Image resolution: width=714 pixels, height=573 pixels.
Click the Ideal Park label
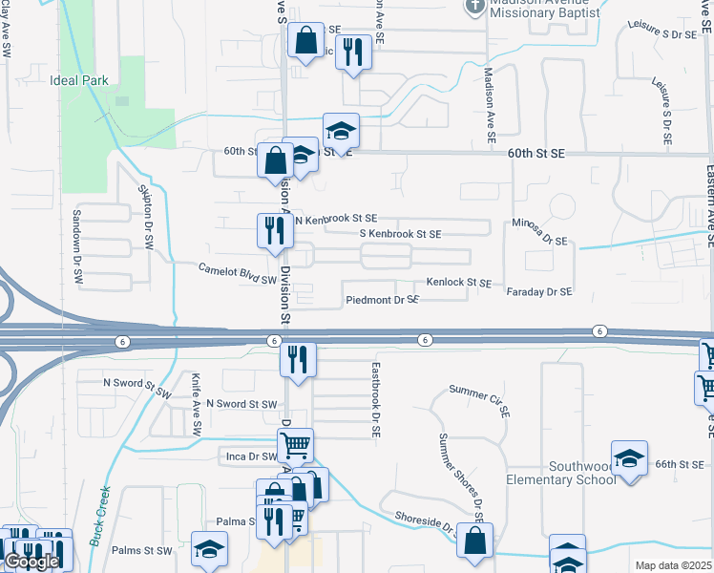tap(79, 81)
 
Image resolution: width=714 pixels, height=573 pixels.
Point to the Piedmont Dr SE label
tap(383, 300)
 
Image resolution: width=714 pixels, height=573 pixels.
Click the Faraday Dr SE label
tap(539, 291)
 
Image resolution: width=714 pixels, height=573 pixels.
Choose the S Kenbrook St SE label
tap(400, 234)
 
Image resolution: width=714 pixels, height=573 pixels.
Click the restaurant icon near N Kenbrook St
tap(274, 229)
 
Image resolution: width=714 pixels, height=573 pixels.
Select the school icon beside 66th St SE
tap(630, 457)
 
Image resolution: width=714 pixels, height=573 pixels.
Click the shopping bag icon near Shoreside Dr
tap(474, 540)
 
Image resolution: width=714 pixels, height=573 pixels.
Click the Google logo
tap(31, 562)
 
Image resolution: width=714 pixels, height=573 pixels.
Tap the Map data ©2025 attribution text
tap(674, 565)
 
